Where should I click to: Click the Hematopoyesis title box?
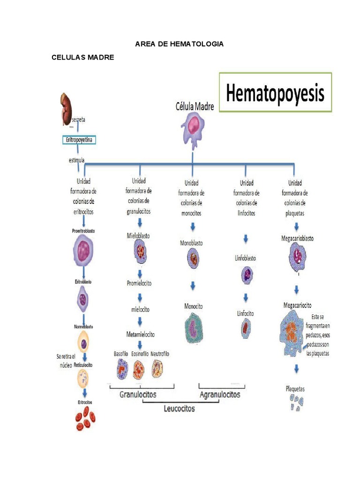click(275, 92)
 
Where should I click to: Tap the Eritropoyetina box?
click(79, 140)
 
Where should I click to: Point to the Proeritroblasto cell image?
click(84, 250)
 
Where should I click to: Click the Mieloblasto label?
click(138, 236)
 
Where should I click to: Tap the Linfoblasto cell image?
click(247, 275)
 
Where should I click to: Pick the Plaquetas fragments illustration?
click(296, 402)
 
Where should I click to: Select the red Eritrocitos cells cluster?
click(84, 418)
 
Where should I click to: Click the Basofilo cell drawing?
click(122, 369)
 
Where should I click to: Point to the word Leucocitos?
click(179, 408)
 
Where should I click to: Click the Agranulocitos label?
click(220, 394)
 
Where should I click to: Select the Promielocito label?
click(139, 283)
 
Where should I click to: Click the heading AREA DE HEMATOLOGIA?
click(180, 44)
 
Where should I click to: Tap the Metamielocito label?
click(140, 335)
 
